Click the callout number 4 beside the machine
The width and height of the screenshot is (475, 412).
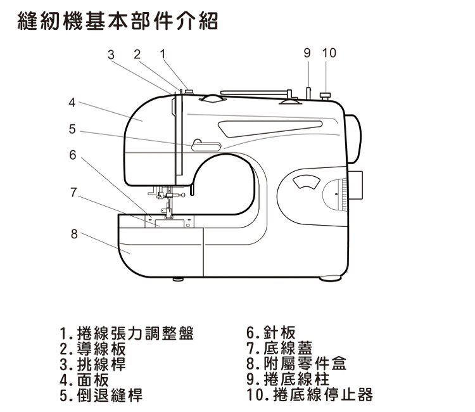pos(72,103)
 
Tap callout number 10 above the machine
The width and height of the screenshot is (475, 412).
pos(329,53)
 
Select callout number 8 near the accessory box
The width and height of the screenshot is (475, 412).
pos(74,234)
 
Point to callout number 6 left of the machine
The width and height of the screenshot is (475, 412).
pos(73,155)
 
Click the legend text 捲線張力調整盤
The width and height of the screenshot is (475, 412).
pos(135,333)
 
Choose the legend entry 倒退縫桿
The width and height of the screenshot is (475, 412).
pos(110,395)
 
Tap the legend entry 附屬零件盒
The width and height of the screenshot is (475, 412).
pos(305,363)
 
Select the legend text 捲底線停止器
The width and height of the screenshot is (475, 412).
pos(323,394)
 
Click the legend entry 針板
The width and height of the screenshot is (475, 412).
pos(279,333)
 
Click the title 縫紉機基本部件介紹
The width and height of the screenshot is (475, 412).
pos(118,21)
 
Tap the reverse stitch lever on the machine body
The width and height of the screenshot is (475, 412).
pos(206,146)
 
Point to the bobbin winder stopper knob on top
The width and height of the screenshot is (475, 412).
pos(326,96)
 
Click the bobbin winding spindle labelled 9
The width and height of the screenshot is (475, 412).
pos(308,93)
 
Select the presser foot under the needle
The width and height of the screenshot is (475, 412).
pos(168,214)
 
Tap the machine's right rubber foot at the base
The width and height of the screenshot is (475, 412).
pos(331,278)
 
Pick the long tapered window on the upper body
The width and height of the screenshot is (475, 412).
pos(270,128)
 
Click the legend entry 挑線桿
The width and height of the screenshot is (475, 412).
pos(101,364)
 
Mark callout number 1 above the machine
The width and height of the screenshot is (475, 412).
pos(163,55)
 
